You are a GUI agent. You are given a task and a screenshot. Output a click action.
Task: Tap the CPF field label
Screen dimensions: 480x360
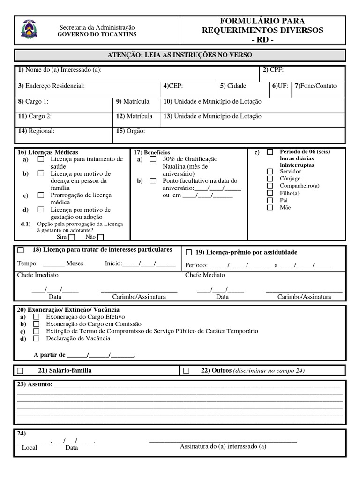coord(273,70)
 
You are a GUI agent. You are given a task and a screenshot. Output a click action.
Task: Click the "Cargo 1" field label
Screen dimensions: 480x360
coord(33,101)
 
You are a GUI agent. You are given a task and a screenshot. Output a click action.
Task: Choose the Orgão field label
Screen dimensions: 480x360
coord(131,131)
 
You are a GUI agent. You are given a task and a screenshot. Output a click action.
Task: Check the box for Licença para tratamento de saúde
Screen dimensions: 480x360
coord(41,159)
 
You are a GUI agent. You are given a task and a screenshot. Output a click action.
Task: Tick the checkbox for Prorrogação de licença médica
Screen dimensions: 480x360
coord(41,195)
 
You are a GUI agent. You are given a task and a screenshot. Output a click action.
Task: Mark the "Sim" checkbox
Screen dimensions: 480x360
coord(72,237)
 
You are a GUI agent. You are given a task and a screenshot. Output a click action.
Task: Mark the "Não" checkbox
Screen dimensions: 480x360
coord(100,237)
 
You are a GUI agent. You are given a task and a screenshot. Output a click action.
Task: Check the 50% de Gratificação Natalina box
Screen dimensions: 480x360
coord(153,159)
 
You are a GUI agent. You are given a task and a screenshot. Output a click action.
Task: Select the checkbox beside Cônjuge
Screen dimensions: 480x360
coord(270,179)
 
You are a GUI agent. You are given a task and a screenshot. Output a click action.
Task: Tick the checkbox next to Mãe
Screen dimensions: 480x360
coord(270,207)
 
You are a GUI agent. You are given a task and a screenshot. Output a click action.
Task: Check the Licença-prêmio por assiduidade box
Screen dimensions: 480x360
coord(189,252)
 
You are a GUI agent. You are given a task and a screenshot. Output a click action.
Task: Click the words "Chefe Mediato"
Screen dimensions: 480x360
coord(205,275)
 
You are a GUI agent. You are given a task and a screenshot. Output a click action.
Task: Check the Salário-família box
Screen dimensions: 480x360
coord(20,371)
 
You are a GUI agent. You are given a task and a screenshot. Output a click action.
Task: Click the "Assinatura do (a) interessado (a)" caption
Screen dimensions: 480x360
coord(223,447)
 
